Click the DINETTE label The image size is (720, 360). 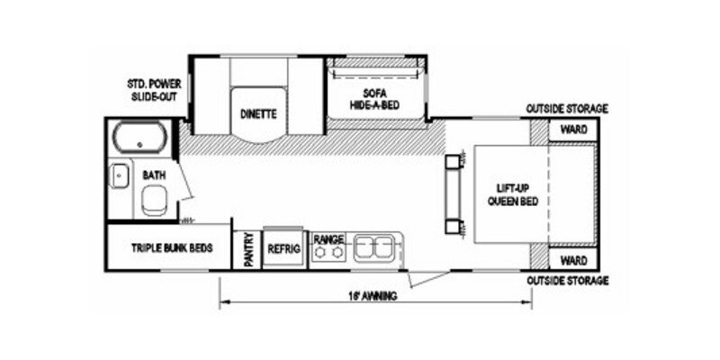pyautogui.click(x=257, y=114)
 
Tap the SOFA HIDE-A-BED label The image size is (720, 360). pyautogui.click(x=374, y=99)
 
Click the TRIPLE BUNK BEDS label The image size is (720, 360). pyautogui.click(x=171, y=247)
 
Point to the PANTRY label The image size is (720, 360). pyautogui.click(x=247, y=248)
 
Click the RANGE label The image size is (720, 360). pyautogui.click(x=328, y=238)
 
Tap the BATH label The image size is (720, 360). pyautogui.click(x=154, y=175)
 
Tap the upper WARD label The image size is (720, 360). pyautogui.click(x=573, y=130)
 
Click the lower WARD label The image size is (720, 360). pyautogui.click(x=573, y=260)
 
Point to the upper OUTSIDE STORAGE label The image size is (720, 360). pyautogui.click(x=568, y=109)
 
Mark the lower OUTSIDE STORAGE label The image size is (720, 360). pyautogui.click(x=568, y=281)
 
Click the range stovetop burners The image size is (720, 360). pyautogui.click(x=328, y=253)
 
